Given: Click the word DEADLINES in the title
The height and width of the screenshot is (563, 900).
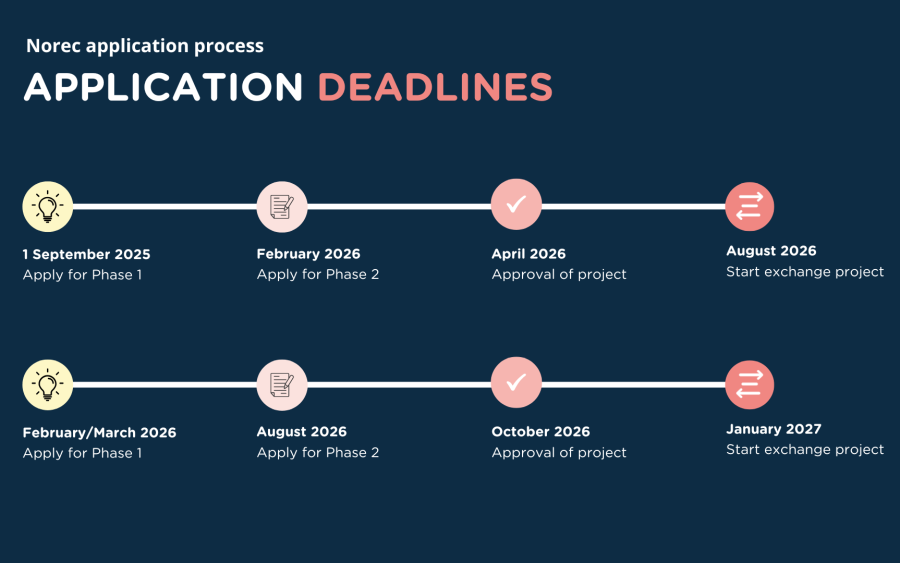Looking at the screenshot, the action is (435, 87).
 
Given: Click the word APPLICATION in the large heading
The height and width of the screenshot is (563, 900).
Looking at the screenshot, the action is (163, 87).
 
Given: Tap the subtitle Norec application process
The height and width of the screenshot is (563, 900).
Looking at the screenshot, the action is (145, 46).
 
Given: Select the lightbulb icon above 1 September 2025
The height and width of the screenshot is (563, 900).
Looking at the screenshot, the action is (48, 207).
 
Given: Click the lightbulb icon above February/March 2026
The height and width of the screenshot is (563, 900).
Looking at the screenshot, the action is (48, 385).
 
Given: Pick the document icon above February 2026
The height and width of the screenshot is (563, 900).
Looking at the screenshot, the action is (282, 207).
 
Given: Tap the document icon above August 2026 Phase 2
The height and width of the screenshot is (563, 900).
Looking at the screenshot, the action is (282, 385).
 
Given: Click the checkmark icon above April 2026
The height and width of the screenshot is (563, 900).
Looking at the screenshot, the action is (516, 204).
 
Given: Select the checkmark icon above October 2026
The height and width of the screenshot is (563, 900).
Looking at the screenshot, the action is (516, 382).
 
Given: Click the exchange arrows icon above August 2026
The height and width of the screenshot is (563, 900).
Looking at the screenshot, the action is (750, 207).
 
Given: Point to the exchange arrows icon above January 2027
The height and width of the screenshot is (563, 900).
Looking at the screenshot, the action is (750, 385).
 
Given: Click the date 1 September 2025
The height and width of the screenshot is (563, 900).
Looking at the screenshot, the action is (87, 254).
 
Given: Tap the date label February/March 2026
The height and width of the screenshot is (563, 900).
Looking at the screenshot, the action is (99, 433).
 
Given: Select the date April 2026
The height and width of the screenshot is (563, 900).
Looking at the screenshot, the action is (529, 254).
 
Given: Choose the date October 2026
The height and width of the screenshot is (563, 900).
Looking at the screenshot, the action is (541, 432).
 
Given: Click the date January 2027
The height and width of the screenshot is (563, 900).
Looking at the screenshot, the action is (774, 429).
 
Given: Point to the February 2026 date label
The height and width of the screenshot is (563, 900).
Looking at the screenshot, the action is (308, 254).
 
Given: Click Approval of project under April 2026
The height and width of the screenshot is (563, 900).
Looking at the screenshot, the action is (559, 274).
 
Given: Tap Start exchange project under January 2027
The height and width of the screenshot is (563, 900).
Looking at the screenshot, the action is (805, 449).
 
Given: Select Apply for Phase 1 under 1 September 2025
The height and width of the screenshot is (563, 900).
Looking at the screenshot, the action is (82, 275).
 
